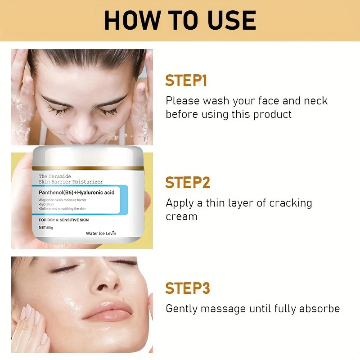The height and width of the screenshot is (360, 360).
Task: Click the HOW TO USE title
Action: [x=180, y=20]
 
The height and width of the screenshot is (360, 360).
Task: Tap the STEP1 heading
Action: [x=186, y=81]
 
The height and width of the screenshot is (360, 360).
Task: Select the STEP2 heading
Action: [x=188, y=183]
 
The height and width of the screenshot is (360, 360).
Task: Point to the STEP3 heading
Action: [x=188, y=288]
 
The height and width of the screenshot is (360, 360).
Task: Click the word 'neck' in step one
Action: [x=316, y=101]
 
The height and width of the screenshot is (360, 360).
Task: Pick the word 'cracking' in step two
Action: [x=290, y=203]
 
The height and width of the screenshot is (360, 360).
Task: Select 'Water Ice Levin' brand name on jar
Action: [x=101, y=233]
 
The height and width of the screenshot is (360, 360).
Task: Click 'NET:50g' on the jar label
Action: [x=46, y=228]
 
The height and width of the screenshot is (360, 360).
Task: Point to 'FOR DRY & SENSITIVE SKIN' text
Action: [x=63, y=220]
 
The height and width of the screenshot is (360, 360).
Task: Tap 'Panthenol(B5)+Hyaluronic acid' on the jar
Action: [x=76, y=193]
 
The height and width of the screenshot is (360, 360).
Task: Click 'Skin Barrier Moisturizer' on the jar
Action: [x=71, y=182]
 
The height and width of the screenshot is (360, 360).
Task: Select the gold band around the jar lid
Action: [x=88, y=168]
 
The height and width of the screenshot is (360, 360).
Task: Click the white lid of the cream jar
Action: [x=88, y=156]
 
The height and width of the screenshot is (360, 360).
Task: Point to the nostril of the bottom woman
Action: [x=102, y=287]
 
